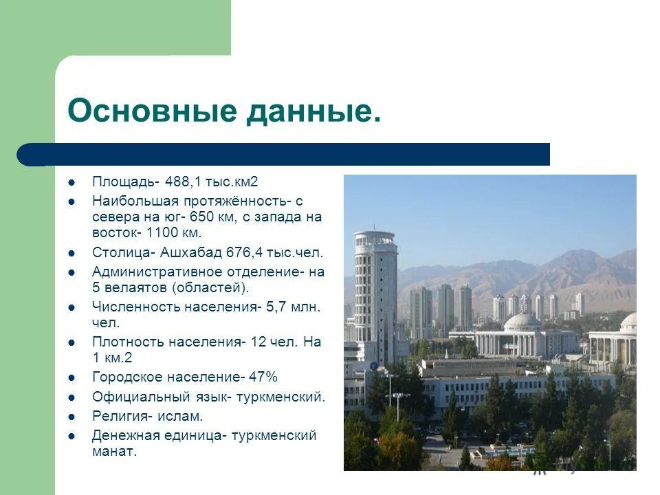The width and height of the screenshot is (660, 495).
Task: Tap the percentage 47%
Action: click(263, 377)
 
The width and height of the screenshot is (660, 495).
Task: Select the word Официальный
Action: click(135, 397)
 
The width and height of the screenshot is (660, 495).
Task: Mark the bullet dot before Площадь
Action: click(71, 183)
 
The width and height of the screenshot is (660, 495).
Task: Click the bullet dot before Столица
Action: click(71, 253)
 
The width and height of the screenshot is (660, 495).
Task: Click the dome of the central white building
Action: click(522, 321)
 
